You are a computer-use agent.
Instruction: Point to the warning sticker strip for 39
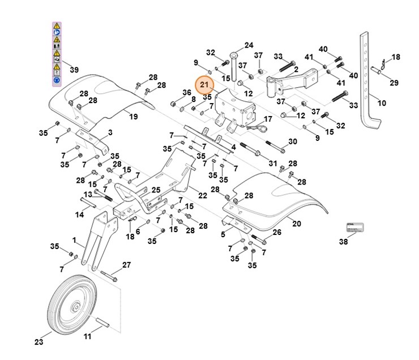tap(57, 54)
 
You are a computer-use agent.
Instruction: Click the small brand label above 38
tap(354, 228)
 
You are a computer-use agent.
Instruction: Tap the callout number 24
tap(249, 45)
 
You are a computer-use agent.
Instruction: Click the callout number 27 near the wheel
tap(126, 265)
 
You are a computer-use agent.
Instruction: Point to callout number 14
tap(80, 215)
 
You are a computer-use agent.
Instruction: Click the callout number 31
tap(273, 163)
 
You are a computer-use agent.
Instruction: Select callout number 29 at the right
tap(394, 83)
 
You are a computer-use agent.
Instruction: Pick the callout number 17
tap(268, 119)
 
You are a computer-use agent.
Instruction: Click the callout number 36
tap(187, 93)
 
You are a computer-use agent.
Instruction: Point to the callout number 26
tap(276, 233)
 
